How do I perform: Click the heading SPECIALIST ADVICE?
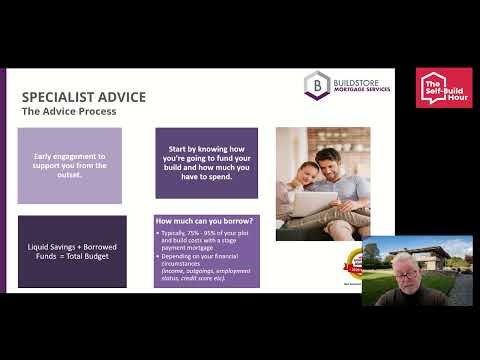84,97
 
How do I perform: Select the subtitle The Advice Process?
69,112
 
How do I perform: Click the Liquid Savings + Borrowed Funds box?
72,250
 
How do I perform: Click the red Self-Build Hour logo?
445,88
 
